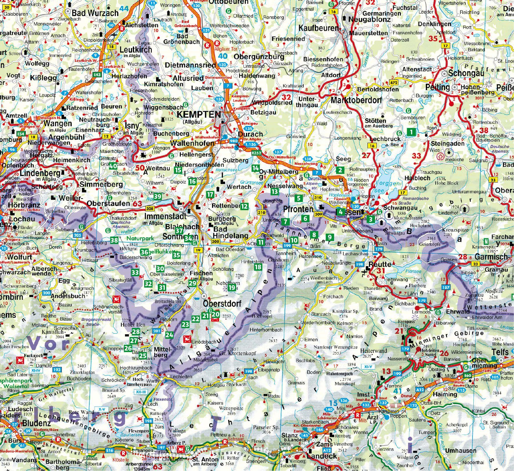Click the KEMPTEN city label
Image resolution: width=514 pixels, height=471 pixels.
pyautogui.click(x=199, y=115)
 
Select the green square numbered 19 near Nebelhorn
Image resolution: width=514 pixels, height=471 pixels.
pyautogui.click(x=231, y=288)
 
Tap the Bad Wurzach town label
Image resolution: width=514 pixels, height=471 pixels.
pyautogui.click(x=95, y=13)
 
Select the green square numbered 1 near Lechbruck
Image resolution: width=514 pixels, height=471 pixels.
pyautogui.click(x=411, y=132)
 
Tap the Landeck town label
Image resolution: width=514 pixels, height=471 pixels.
pyautogui.click(x=322, y=456)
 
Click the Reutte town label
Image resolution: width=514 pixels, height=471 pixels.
pyautogui.click(x=380, y=264)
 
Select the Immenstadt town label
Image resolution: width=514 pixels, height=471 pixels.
pyautogui.click(x=165, y=216)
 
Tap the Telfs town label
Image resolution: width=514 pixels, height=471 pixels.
pyautogui.click(x=500, y=352)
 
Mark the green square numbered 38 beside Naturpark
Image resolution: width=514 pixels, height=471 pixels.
pyautogui.click(x=114, y=240)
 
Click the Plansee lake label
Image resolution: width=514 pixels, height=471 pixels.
pyautogui.click(x=414, y=272)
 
